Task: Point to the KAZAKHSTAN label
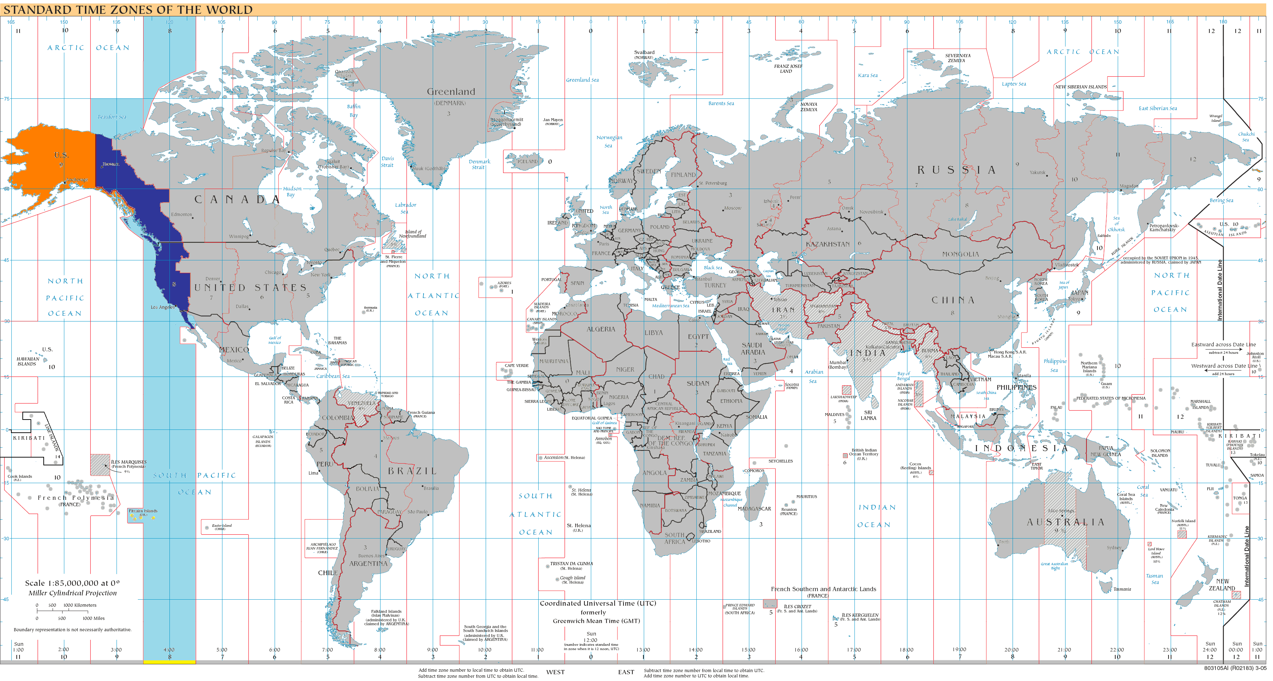828,244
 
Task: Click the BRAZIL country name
412,471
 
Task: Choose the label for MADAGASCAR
754,508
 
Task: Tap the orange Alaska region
49,158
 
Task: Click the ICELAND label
527,162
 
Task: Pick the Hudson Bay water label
292,191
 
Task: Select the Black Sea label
713,267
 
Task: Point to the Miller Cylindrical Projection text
72,593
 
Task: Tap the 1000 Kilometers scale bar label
80,605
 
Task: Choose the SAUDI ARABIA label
752,348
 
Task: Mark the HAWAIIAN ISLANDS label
28,361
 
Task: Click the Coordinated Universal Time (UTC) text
598,604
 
